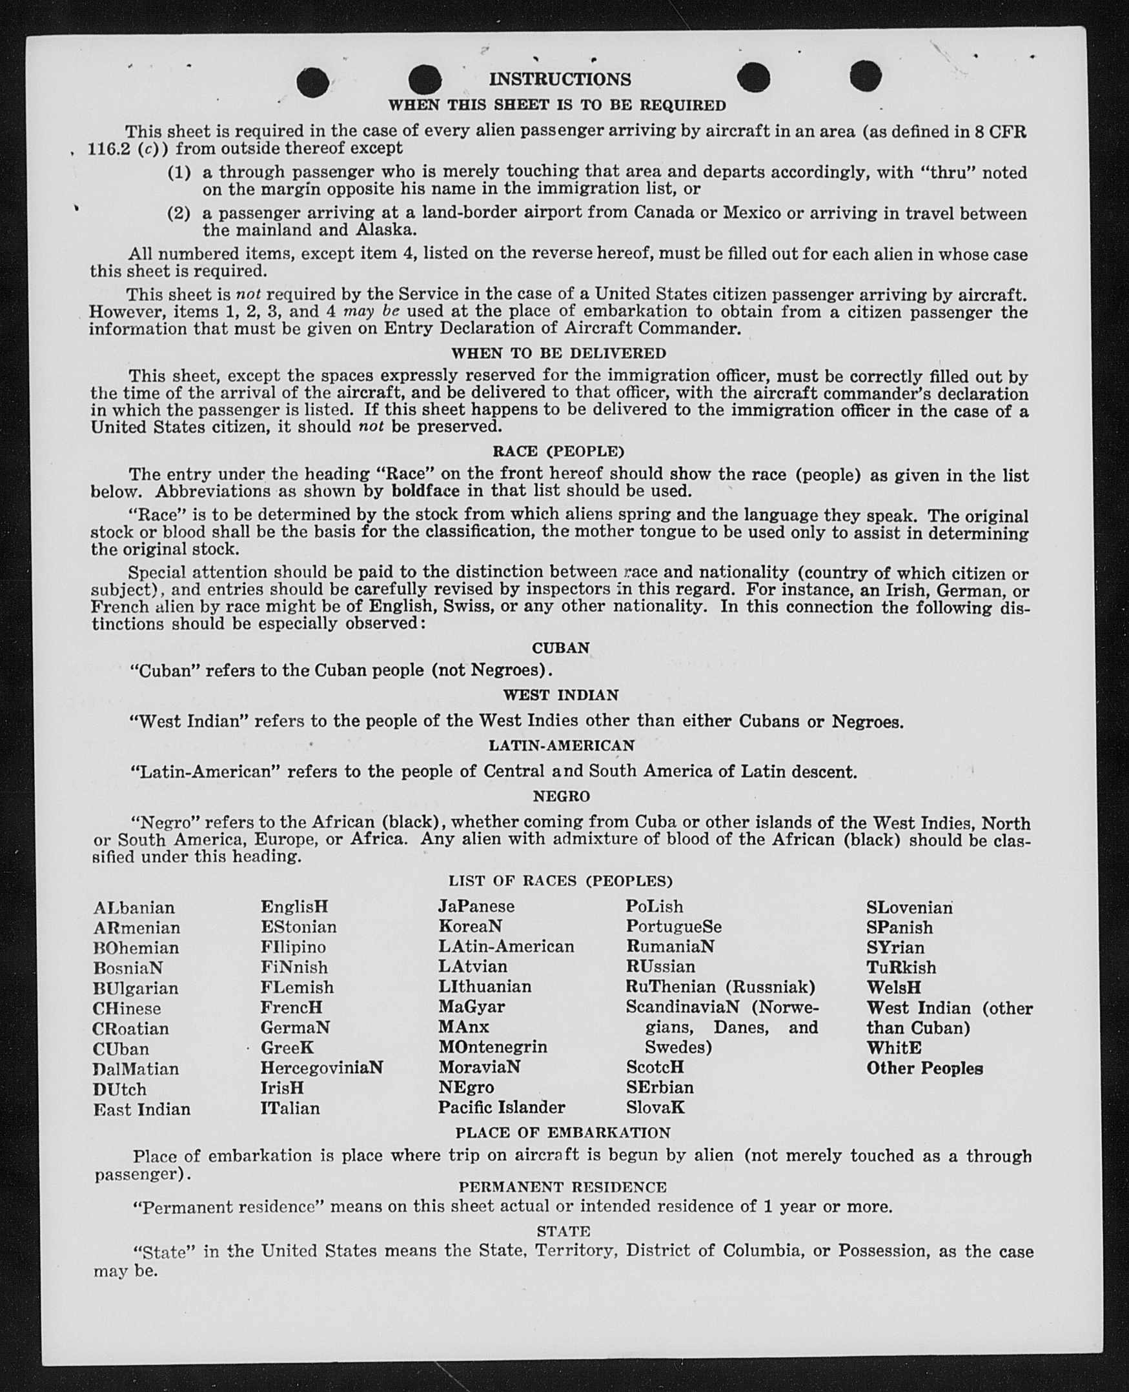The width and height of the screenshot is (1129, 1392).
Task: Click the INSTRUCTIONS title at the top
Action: (560, 79)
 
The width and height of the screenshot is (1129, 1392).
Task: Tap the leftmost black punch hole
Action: (312, 82)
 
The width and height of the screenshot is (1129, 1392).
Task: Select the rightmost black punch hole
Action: (865, 76)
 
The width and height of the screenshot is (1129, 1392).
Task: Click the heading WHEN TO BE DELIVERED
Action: (558, 353)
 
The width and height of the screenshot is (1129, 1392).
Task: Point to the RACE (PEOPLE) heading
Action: (558, 451)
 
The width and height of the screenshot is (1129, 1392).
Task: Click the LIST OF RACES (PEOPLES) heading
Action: (560, 881)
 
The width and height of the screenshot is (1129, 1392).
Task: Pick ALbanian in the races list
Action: (134, 907)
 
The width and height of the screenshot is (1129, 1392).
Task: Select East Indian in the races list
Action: (142, 1109)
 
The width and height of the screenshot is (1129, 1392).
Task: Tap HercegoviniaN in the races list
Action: (322, 1067)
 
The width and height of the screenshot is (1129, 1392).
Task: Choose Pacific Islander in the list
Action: (502, 1107)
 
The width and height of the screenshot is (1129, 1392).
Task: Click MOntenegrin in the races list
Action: (493, 1047)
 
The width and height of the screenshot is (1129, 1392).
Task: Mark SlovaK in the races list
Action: (656, 1107)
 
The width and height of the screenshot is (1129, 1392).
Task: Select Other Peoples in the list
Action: (924, 1068)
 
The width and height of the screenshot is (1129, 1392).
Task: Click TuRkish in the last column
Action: (900, 967)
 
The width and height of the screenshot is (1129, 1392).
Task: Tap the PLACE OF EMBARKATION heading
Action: (562, 1133)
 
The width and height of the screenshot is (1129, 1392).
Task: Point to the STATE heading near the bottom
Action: (563, 1231)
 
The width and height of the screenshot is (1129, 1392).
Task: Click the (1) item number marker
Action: (179, 173)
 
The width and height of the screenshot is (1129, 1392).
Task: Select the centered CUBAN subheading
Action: (560, 648)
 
